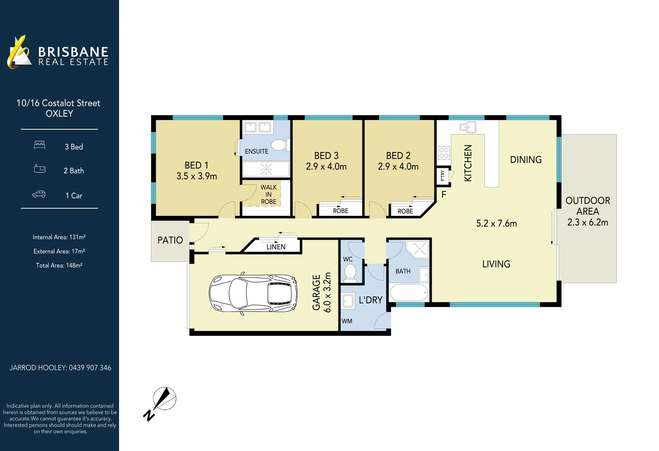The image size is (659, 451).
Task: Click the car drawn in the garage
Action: [x=253, y=294]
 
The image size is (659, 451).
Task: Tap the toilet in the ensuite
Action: [x=278, y=145]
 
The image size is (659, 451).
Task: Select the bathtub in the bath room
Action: [x=409, y=292]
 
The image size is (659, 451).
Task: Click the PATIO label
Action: [x=170, y=240]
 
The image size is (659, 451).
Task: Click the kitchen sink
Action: [x=468, y=127]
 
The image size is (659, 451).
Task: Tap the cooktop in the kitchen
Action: [x=444, y=153]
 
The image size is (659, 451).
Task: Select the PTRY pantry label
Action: [x=443, y=176]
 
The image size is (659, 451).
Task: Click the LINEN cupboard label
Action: [x=276, y=247]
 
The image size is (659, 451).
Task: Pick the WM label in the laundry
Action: [x=347, y=321]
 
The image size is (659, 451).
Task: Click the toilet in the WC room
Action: [x=350, y=274]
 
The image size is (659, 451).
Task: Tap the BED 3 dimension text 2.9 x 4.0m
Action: [x=326, y=167]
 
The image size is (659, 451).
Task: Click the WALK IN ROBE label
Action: [x=269, y=195]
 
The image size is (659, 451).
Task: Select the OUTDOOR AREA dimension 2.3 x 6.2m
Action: [x=588, y=222]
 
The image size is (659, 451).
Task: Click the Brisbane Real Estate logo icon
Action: [x=19, y=52]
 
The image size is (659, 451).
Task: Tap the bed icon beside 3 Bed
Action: [x=40, y=145]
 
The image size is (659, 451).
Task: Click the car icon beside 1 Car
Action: [x=39, y=195]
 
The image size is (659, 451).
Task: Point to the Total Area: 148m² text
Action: [x=59, y=265]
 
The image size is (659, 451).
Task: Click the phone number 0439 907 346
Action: [x=90, y=367]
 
